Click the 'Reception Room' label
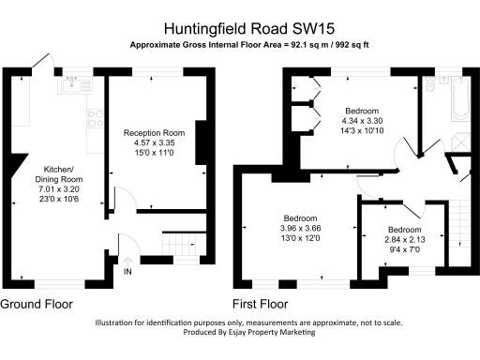[x=155, y=133]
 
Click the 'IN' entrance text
[x=127, y=272]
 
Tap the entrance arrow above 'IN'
[x=127, y=258]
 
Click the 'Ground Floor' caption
[x=35, y=305]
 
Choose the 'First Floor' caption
[x=260, y=305]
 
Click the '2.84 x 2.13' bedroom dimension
[x=404, y=239]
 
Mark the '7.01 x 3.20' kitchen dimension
[x=58, y=189]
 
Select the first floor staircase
[x=455, y=230]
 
